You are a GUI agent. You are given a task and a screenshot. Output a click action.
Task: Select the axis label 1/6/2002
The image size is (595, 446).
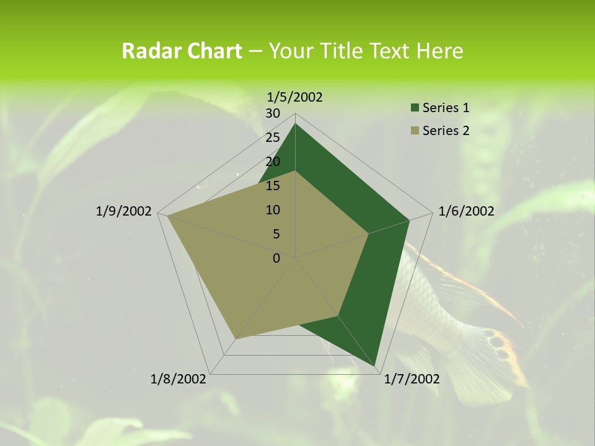466,211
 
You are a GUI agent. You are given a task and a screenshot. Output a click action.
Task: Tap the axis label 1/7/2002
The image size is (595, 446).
412,378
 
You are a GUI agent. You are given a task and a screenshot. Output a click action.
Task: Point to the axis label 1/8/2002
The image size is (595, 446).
178,378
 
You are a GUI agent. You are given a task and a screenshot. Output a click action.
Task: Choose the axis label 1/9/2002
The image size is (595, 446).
124,211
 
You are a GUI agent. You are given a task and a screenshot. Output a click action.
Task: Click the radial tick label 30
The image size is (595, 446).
273,113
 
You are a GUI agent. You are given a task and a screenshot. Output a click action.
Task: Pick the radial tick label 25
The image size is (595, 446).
273,138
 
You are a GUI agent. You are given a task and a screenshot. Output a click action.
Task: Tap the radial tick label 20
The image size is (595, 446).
273,162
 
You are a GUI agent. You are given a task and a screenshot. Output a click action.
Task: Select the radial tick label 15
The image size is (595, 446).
273,186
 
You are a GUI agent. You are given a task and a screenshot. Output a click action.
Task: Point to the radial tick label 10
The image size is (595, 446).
273,210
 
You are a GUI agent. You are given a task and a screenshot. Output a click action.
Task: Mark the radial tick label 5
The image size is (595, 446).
276,234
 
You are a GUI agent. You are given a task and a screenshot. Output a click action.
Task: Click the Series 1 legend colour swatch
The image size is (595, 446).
415,108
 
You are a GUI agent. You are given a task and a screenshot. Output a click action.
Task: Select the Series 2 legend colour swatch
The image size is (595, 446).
415,131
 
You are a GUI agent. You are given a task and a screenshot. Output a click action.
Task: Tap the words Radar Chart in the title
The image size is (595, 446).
182,51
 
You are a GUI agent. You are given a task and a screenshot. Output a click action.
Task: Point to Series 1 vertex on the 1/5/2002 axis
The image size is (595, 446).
296,124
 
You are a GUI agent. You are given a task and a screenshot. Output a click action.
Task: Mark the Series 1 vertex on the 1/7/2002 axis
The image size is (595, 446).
376,367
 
